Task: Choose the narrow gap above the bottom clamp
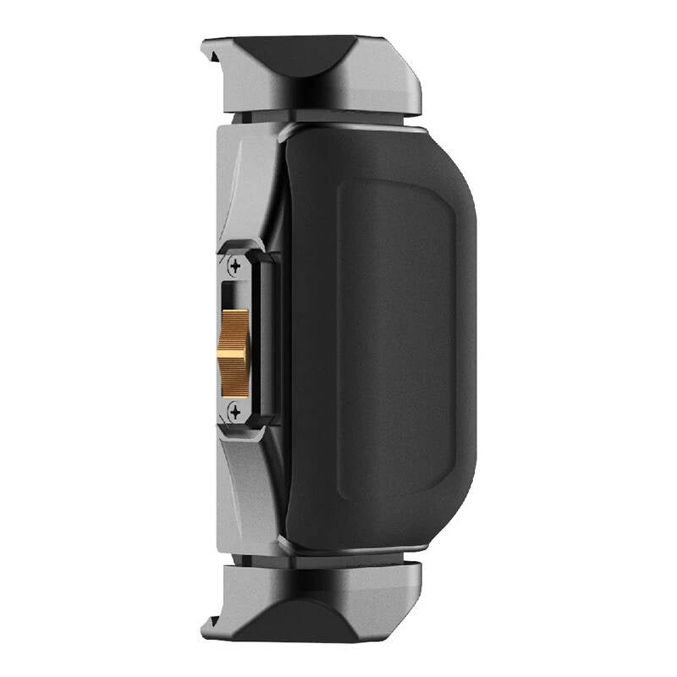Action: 254,559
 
